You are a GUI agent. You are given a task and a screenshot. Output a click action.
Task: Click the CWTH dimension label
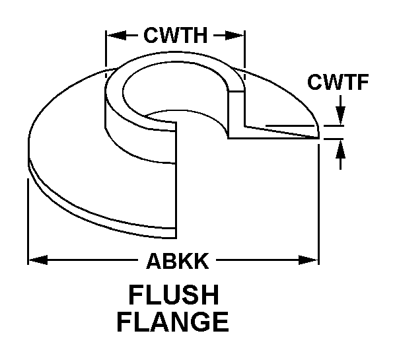click(x=176, y=34)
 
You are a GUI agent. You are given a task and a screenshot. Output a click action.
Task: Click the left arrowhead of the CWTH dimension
click(x=113, y=34)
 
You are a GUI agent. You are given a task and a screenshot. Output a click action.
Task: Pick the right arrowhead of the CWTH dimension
click(x=238, y=34)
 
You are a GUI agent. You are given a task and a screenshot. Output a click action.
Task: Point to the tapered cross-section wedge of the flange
click(x=277, y=130)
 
